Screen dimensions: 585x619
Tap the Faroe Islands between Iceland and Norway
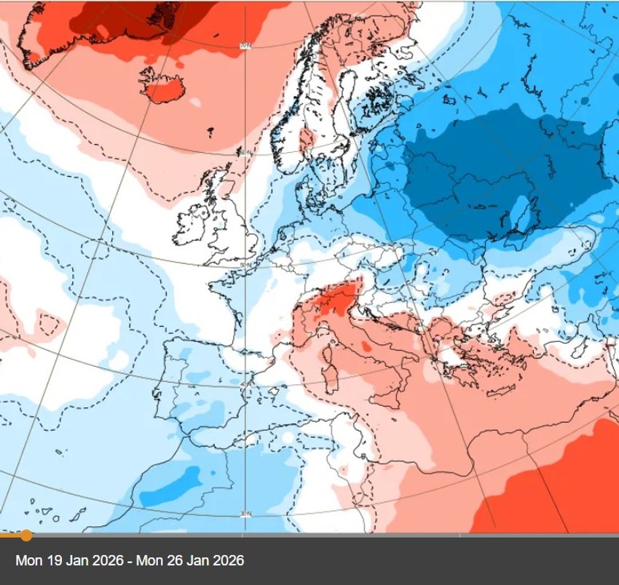(210, 132)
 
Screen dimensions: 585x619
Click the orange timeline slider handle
(26, 536)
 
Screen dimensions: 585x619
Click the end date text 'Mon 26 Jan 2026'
(196, 560)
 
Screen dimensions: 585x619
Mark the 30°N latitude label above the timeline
(245, 514)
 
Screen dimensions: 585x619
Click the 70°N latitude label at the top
(245, 47)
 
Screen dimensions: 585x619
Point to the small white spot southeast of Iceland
(194, 103)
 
